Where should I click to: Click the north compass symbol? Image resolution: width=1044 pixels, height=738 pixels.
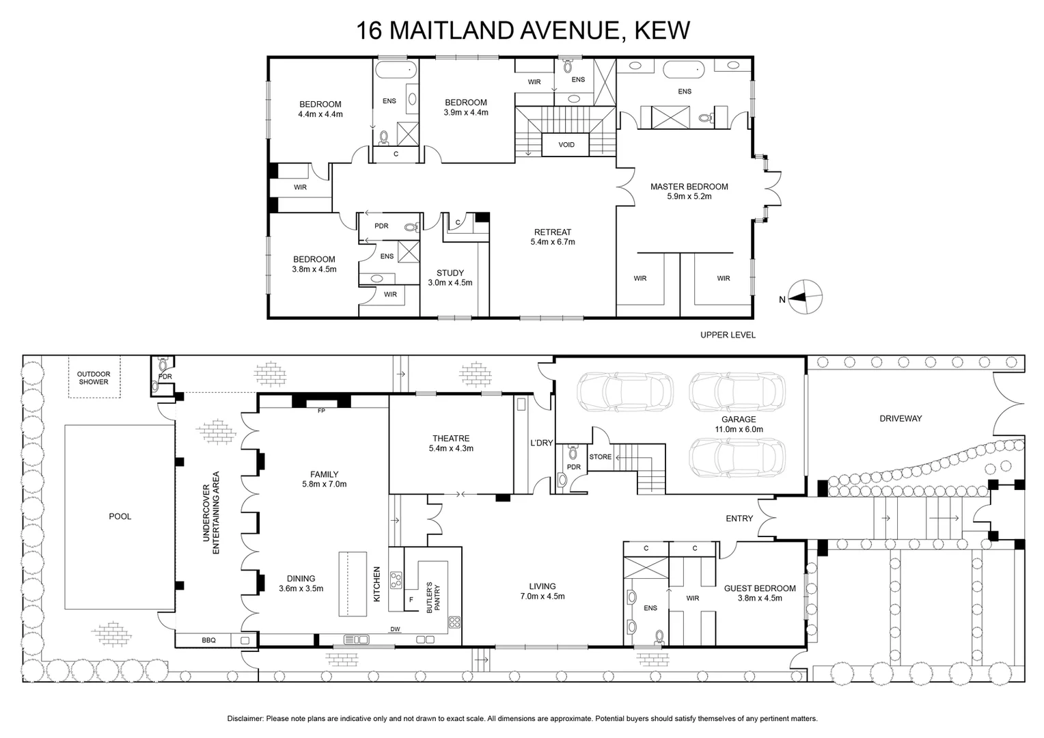pyautogui.click(x=805, y=298)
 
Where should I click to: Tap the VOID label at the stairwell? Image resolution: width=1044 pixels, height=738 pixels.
pyautogui.click(x=566, y=145)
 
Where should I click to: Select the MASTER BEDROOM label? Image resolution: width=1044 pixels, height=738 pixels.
pyautogui.click(x=689, y=187)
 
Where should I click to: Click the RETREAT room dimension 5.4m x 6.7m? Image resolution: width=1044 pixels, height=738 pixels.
pyautogui.click(x=552, y=242)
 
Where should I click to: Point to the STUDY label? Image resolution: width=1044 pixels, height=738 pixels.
pyautogui.click(x=450, y=273)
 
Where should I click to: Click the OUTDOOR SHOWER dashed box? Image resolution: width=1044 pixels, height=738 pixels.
pyautogui.click(x=94, y=377)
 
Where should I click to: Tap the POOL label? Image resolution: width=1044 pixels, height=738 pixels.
pyautogui.click(x=120, y=516)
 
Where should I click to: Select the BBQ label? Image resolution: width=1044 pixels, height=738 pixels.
pyautogui.click(x=208, y=640)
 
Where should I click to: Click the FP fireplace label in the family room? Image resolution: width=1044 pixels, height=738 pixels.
pyautogui.click(x=321, y=411)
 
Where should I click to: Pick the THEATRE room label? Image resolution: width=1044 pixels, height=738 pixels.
pyautogui.click(x=451, y=439)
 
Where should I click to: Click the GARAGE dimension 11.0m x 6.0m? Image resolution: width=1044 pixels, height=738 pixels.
pyautogui.click(x=739, y=429)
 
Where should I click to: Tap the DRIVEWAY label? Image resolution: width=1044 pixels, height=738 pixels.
pyautogui.click(x=901, y=418)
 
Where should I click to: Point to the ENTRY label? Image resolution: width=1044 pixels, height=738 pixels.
pyautogui.click(x=739, y=519)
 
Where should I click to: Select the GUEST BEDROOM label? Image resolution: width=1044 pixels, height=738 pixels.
pyautogui.click(x=760, y=588)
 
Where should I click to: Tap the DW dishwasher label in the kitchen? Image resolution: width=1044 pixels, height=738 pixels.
pyautogui.click(x=395, y=629)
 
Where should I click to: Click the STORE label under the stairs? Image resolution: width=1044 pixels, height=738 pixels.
pyautogui.click(x=600, y=456)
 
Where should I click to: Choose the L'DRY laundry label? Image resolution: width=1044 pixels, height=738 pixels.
pyautogui.click(x=541, y=443)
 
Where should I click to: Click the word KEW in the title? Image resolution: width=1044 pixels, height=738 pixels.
pyautogui.click(x=662, y=30)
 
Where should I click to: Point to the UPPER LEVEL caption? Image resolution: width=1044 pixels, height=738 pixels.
pyautogui.click(x=728, y=335)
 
